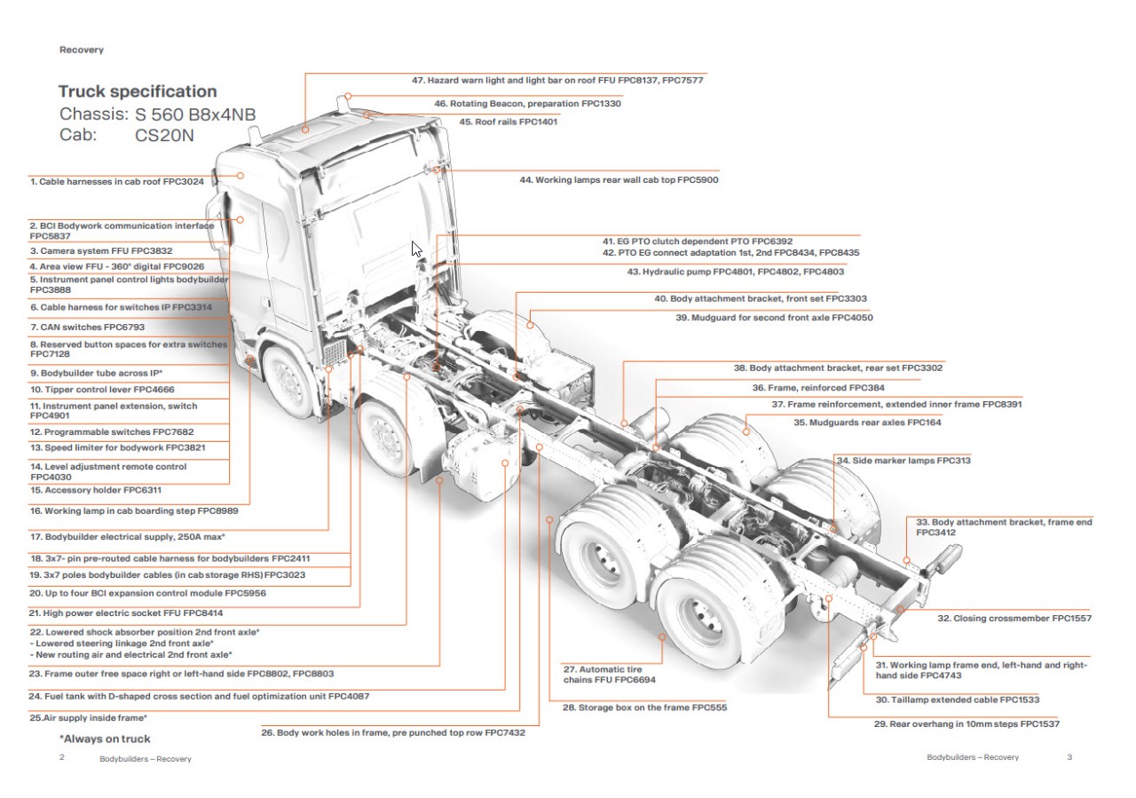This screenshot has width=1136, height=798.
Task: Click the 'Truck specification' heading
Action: (138, 91)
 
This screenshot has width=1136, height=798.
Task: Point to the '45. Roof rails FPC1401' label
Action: (508, 122)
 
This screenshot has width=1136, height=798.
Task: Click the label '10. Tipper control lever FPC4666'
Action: (102, 389)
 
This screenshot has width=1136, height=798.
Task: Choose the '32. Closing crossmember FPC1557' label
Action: (1014, 618)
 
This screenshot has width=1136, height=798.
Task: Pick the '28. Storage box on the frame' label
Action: (645, 708)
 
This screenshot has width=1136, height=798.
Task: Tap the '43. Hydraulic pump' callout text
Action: (736, 272)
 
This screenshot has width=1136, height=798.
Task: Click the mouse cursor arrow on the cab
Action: (416, 249)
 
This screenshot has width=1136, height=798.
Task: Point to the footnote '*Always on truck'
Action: (105, 739)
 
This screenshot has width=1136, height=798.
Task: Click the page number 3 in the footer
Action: (1069, 757)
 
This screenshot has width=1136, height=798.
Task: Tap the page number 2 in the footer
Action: (62, 758)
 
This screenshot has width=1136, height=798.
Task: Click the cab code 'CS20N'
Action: (164, 136)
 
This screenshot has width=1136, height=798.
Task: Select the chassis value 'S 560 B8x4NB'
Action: (195, 115)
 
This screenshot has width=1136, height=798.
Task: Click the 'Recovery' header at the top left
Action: (82, 50)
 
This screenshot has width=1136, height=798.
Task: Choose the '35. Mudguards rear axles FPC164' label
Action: (868, 423)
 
